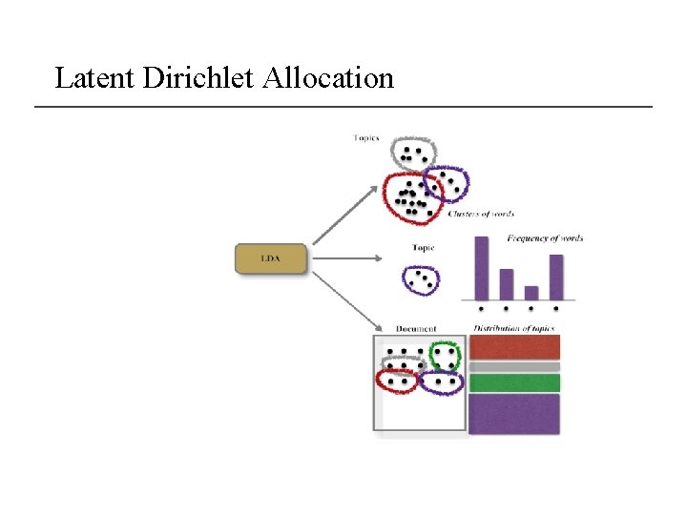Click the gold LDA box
click(x=271, y=259)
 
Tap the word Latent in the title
click(x=95, y=77)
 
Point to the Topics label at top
click(x=366, y=138)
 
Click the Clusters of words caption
click(x=481, y=215)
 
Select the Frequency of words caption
click(x=545, y=238)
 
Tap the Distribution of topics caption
click(x=513, y=329)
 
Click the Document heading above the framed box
click(x=416, y=329)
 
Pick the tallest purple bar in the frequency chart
click(x=481, y=269)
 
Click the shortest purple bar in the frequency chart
click(x=531, y=293)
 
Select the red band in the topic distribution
click(x=515, y=347)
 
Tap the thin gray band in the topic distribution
click(x=515, y=366)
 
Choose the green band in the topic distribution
click(x=515, y=382)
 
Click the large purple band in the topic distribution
click(x=515, y=414)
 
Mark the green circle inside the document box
click(x=445, y=357)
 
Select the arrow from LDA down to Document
click(x=343, y=299)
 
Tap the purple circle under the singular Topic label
click(x=421, y=279)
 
